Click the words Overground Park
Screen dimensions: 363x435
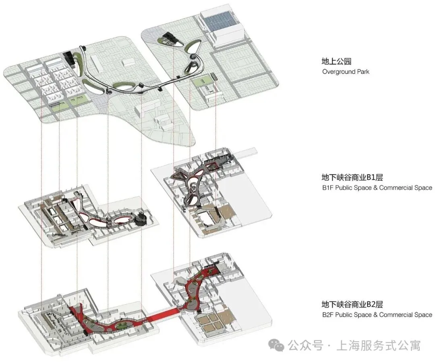click(346, 72)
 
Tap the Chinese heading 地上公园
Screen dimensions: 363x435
click(337, 62)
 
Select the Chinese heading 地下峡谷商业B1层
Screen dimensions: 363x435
click(352, 177)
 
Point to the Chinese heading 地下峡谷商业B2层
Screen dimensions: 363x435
click(352, 304)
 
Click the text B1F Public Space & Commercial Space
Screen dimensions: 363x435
click(377, 188)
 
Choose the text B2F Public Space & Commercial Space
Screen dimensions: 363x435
click(377, 315)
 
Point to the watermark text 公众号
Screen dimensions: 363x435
click(306, 345)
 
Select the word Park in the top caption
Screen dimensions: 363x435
click(362, 72)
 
